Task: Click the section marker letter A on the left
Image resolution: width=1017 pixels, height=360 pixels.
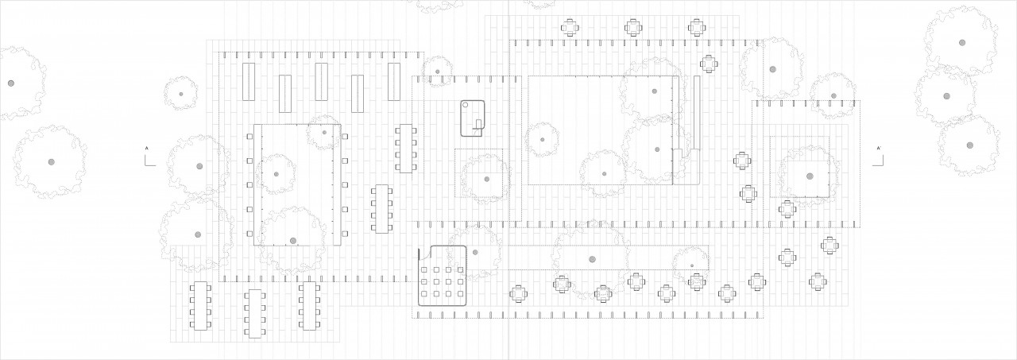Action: (145, 149)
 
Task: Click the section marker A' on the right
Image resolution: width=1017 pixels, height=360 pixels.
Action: (878, 149)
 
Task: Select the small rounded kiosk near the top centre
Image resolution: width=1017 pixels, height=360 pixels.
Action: (474, 118)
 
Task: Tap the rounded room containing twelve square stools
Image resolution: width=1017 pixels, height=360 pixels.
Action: (443, 277)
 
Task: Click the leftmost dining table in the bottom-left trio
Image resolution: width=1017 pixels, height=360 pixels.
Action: (199, 306)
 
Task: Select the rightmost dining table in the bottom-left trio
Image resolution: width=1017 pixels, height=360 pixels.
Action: (308, 306)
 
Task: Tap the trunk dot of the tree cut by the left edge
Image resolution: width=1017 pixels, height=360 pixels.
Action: (11, 83)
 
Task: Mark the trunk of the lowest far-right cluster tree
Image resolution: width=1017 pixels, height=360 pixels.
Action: (969, 145)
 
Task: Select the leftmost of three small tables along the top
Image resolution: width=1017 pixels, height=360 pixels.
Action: (570, 28)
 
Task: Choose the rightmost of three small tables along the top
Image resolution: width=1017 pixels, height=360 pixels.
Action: (697, 28)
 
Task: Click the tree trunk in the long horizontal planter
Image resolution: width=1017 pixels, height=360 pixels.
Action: (592, 259)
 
